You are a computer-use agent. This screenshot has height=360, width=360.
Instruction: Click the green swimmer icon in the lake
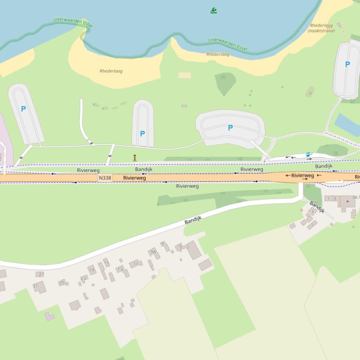click(x=213, y=10)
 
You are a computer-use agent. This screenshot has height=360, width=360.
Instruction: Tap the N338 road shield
click(x=105, y=178)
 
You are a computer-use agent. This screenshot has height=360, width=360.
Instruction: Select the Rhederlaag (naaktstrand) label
click(x=321, y=28)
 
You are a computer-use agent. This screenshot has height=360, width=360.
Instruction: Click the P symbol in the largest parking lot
click(x=230, y=128)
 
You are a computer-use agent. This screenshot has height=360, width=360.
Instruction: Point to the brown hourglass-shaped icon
click(x=134, y=158)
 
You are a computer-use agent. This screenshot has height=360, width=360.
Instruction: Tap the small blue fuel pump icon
click(x=308, y=154)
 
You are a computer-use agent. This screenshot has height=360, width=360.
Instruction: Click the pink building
click(x=49, y=317)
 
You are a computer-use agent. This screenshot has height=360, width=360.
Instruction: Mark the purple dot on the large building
click(x=347, y=201)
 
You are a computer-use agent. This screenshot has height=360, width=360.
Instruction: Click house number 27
click(x=41, y=274)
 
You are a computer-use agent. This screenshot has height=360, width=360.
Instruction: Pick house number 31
click(x=35, y=286)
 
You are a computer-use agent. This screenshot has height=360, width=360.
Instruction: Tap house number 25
click(x=62, y=282)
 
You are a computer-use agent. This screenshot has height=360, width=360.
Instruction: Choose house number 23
click(x=83, y=278)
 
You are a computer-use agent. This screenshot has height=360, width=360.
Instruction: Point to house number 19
click(x=91, y=270)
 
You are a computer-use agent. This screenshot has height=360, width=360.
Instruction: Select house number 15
click(x=106, y=263)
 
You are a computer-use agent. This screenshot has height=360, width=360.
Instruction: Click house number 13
click(x=120, y=269)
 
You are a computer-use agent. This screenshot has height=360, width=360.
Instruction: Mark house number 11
click(x=136, y=264)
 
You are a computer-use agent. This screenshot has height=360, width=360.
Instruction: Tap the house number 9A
click(x=153, y=252)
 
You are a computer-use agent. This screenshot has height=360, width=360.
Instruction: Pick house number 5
click(x=180, y=246)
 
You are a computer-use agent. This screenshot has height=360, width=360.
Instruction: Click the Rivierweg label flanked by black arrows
click(x=302, y=176)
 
